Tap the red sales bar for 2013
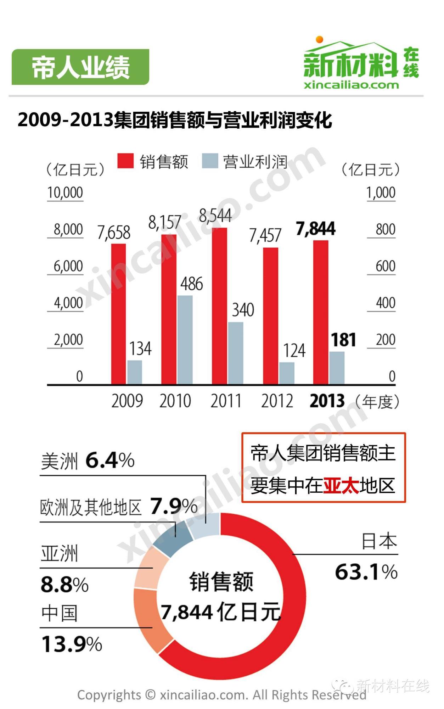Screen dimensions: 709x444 point(321,312)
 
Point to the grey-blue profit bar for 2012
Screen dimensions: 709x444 point(287,373)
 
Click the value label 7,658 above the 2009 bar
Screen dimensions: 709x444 point(114,233)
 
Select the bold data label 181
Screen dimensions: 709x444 point(343,340)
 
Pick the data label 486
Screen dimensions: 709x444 point(192,284)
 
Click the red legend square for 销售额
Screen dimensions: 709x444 point(125,161)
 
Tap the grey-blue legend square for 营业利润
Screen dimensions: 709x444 point(210,161)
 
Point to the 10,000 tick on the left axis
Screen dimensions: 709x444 point(65,192)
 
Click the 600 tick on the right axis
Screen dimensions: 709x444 point(385,266)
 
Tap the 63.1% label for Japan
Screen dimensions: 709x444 point(366,572)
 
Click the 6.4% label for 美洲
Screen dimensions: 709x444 point(110,460)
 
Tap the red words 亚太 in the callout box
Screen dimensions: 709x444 point(341,485)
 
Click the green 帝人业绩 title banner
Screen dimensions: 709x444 point(80,67)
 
